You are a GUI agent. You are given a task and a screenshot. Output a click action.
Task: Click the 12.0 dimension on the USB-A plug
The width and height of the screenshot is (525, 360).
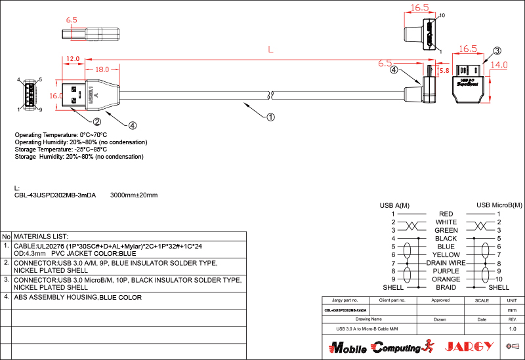click(x=73, y=58)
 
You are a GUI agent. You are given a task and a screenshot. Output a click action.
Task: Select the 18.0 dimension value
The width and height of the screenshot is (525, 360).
click(x=102, y=69)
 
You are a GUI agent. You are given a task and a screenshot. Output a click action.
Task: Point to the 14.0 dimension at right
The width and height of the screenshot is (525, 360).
click(x=499, y=65)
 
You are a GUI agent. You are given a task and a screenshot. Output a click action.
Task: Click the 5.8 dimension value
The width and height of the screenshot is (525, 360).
click(x=444, y=70)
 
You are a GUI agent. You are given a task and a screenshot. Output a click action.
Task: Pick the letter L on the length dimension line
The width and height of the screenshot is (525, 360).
click(x=270, y=49)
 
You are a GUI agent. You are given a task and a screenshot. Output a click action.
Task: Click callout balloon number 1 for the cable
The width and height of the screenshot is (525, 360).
click(x=270, y=117)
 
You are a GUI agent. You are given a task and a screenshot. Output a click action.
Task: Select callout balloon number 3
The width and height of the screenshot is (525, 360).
click(x=497, y=50)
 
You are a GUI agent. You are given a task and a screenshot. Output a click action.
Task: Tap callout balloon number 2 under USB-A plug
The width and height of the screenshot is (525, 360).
click(x=96, y=121)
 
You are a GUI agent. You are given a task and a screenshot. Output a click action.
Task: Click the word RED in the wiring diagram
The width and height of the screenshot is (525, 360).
click(x=446, y=214)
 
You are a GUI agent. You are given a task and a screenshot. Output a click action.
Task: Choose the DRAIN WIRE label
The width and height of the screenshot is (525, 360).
click(x=446, y=263)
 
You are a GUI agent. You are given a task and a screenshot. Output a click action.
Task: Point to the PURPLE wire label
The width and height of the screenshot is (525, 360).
click(x=446, y=271)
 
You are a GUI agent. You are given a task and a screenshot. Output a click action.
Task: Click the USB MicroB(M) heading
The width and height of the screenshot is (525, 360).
click(x=499, y=205)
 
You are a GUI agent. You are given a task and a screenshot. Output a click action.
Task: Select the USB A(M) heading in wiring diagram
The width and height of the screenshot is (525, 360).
click(x=394, y=205)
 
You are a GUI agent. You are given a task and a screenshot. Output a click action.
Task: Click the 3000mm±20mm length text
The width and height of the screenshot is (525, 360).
click(x=134, y=195)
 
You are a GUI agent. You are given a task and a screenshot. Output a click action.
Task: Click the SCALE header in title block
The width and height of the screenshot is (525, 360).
click(x=482, y=300)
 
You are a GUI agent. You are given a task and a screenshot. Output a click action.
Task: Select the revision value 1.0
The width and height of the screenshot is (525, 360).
click(x=513, y=329)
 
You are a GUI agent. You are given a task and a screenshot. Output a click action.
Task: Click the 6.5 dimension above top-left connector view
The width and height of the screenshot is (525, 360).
click(x=72, y=20)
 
